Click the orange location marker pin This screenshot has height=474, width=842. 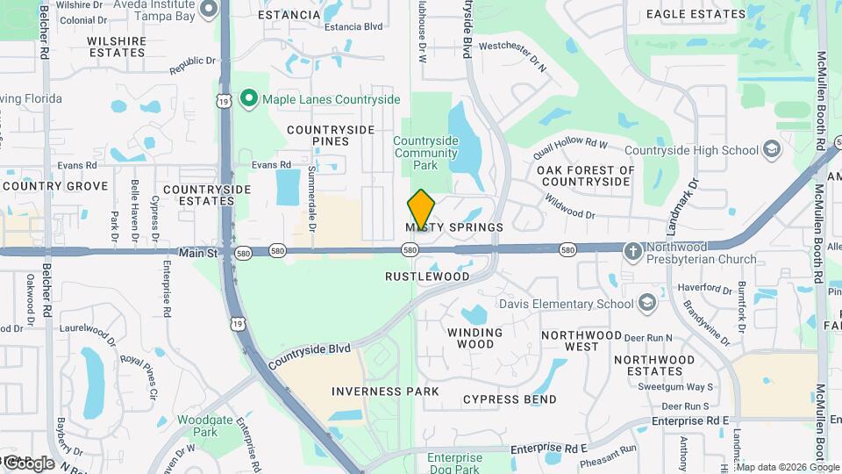(421, 209)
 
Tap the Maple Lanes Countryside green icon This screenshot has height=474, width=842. (248, 99)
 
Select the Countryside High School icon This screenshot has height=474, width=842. (772, 149)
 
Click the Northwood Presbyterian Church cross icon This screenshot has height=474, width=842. (632, 252)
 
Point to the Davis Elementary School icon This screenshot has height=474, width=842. (647, 304)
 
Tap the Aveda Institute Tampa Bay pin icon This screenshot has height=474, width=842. (209, 10)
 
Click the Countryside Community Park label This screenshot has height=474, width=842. (425, 153)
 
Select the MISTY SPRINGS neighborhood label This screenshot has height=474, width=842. (454, 227)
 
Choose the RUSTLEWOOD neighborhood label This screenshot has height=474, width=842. (427, 276)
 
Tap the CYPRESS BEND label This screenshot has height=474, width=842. (510, 399)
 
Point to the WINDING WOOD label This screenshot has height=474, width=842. (475, 339)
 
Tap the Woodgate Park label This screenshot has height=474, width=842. (203, 426)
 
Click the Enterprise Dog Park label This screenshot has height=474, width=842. (454, 463)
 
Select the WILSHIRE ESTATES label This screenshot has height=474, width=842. (117, 47)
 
